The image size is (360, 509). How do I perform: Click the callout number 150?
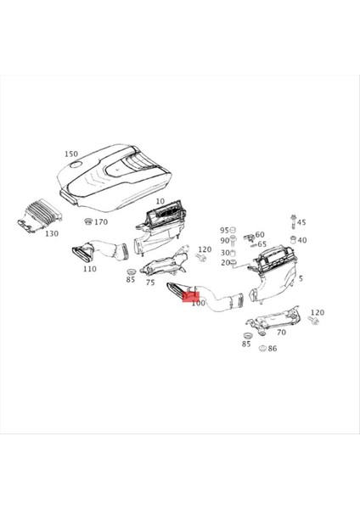coord(70,154)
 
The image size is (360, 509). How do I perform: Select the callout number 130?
coord(52,233)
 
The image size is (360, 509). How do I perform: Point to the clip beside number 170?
coord(88,222)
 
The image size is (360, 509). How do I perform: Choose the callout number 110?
coord(89,269)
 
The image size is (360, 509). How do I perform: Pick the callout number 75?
coord(149,282)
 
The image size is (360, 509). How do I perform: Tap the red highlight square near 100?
coord(191,294)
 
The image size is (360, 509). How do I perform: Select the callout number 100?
coord(199,303)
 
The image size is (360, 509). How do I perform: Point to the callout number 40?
coord(302,240)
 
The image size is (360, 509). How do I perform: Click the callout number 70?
coord(281,333)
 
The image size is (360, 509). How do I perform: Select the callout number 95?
coord(225,231)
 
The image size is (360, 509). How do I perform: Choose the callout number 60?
coord(259,234)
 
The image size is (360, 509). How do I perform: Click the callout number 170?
coord(101,222)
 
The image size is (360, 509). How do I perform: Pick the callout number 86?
coord(272,348)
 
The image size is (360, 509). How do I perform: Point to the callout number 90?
coord(225,241)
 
